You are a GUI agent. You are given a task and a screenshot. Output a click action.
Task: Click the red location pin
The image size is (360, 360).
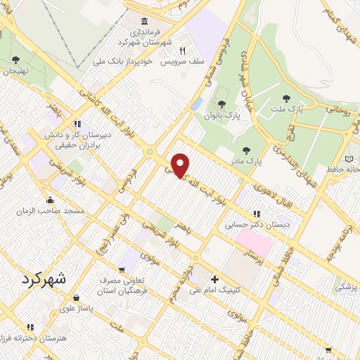tap(181, 165)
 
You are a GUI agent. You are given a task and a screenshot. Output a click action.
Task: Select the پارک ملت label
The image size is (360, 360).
tap(307, 110)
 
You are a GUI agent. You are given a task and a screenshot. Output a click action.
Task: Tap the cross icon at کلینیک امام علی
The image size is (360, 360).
tap(214, 279)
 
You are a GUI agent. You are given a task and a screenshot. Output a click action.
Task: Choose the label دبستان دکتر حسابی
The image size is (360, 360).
tap(251, 226)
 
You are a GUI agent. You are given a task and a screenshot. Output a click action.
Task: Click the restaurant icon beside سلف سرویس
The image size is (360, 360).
tap(181, 51)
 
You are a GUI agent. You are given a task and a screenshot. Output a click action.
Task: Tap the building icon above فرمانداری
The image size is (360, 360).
tap(144, 21)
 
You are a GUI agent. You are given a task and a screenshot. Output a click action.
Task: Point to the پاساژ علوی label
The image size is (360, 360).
tap(77, 308)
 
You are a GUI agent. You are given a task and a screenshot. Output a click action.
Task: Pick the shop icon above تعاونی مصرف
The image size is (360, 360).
tap(123, 269)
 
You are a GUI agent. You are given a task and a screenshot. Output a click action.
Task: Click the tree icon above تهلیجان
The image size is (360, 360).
tap(15, 60)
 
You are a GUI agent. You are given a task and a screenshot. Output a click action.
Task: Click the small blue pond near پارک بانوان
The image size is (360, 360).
tap(196, 104)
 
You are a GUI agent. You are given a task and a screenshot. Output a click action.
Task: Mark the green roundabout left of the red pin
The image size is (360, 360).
tap(149, 151)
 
